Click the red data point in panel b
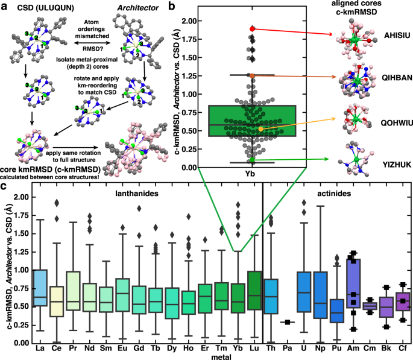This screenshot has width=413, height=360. pos(253,28)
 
